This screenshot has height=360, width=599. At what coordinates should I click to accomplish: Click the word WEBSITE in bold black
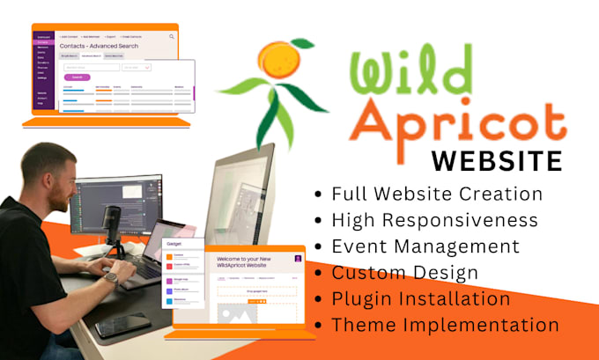coord(498,163)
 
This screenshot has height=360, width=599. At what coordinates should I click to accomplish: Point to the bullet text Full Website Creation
coord(437,194)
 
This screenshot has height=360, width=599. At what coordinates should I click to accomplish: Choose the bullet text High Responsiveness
coord(435,220)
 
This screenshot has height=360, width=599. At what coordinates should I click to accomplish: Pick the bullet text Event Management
coord(425,246)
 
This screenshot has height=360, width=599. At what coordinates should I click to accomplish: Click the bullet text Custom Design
coord(406,273)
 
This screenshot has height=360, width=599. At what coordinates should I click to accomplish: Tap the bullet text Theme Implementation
coord(445,325)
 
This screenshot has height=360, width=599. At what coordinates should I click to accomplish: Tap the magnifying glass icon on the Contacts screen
coord(171,37)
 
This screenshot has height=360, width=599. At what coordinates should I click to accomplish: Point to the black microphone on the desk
coord(112,217)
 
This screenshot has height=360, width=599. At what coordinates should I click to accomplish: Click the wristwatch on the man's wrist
coord(110,278)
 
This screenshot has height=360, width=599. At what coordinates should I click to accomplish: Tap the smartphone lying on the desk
coord(122,326)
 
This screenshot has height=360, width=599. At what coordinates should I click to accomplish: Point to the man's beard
coord(56,202)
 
